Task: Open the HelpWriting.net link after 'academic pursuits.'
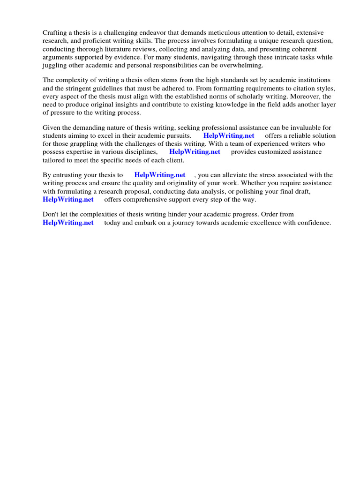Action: (229, 136)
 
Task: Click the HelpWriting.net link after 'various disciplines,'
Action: (195, 152)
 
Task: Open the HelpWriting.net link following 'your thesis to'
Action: (160, 175)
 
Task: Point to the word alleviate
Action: (243, 175)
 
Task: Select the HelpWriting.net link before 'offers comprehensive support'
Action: (68, 199)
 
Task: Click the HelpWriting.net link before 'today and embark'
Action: (68, 223)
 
